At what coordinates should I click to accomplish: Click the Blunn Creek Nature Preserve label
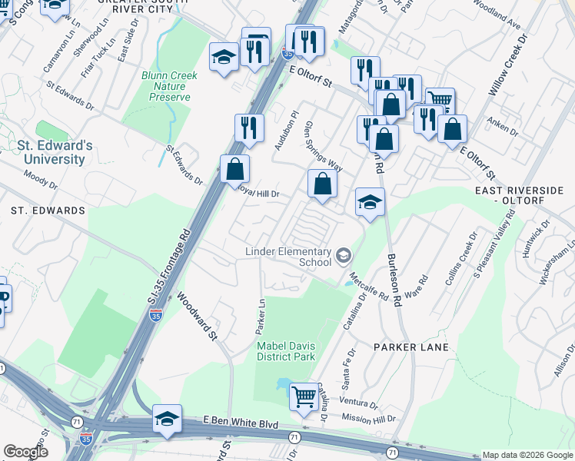[169, 86]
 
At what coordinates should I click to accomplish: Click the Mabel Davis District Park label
[286, 351]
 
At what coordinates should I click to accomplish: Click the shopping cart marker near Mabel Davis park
[304, 397]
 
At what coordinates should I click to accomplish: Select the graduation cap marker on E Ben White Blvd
[167, 419]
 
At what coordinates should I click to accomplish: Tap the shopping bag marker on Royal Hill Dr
[235, 169]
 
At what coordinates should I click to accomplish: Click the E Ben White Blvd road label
[240, 421]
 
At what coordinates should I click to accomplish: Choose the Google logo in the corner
[25, 452]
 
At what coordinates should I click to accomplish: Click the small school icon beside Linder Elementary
[344, 254]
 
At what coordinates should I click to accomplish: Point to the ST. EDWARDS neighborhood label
[48, 210]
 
